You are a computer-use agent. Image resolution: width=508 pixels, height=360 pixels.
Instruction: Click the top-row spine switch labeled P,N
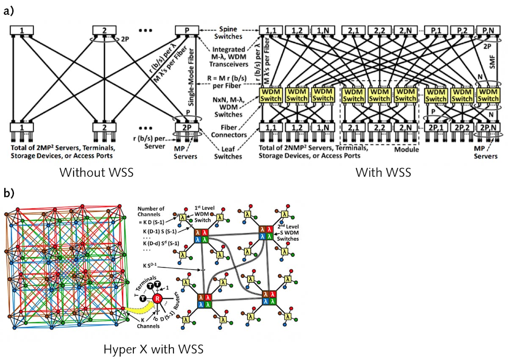487,30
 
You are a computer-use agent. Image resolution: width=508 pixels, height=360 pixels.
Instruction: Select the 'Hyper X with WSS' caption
154,349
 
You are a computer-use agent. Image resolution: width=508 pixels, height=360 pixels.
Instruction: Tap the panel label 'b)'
9,194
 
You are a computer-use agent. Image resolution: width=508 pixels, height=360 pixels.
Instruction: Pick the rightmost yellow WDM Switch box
488,95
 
